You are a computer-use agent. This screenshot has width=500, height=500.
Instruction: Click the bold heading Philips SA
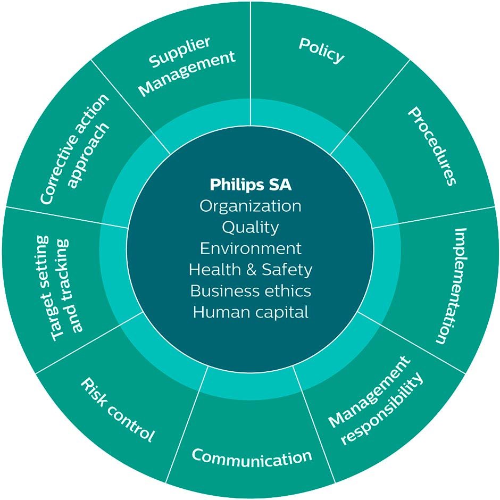click(x=251, y=185)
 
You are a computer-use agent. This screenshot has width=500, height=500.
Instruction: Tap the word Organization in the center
click(x=251, y=206)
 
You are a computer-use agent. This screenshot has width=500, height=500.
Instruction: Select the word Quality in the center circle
click(x=251, y=227)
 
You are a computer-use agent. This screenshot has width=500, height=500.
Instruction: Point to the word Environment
click(x=251, y=248)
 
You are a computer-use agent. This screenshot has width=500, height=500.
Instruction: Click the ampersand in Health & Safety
click(x=251, y=270)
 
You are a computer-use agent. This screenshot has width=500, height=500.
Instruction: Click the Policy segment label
click(x=322, y=51)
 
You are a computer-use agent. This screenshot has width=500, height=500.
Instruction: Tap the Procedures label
click(x=432, y=146)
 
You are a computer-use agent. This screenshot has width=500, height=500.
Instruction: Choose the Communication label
click(x=252, y=456)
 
